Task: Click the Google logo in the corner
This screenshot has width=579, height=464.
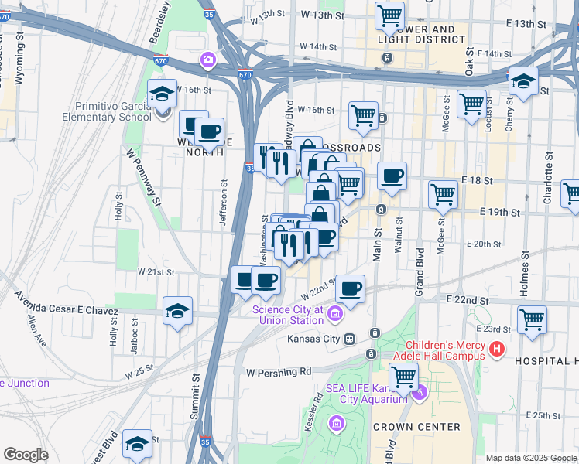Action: pyautogui.click(x=26, y=455)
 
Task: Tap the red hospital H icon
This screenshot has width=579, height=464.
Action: pyautogui.click(x=497, y=350)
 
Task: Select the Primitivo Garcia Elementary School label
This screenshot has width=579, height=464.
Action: pyautogui.click(x=113, y=111)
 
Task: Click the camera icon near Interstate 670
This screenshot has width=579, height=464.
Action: pyautogui.click(x=207, y=60)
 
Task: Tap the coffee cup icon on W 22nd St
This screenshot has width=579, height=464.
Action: pyautogui.click(x=351, y=289)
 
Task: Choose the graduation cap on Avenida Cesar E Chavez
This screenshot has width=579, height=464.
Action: pyautogui.click(x=177, y=311)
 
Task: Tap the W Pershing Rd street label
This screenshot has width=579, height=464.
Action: pyautogui.click(x=279, y=372)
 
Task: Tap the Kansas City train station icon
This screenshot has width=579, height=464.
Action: pyautogui.click(x=349, y=339)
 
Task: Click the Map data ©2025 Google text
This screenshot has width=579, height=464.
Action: pyautogui.click(x=530, y=458)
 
